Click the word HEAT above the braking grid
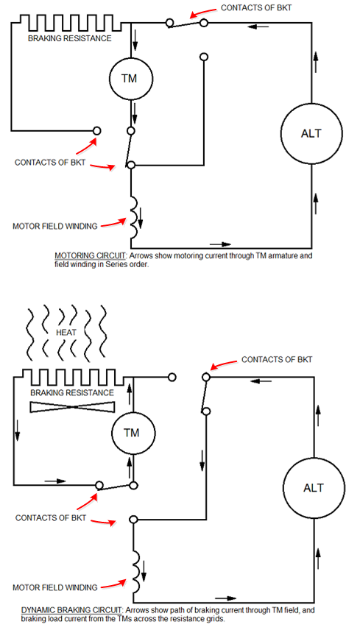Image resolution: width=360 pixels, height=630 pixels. [67, 333]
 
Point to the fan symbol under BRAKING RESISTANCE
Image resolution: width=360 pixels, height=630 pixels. [72, 406]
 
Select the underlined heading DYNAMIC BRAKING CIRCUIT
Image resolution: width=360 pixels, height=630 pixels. [71, 611]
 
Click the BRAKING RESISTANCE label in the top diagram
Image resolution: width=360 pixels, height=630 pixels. [69, 38]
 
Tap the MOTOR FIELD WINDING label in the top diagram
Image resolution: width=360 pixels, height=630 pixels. [54, 226]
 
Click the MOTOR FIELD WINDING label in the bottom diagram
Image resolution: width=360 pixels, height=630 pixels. [54, 587]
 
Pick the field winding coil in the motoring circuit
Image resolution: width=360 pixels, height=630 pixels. [135, 217]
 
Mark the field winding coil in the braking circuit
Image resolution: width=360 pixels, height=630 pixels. [135, 571]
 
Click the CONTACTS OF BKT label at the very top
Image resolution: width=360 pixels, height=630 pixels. [256, 7]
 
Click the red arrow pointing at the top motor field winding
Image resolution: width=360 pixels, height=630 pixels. [113, 223]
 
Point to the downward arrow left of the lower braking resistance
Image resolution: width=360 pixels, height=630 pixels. [17, 430]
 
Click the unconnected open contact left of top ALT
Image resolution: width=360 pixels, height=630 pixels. [204, 57]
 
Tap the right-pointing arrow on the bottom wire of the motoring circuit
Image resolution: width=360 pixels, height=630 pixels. [221, 244]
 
